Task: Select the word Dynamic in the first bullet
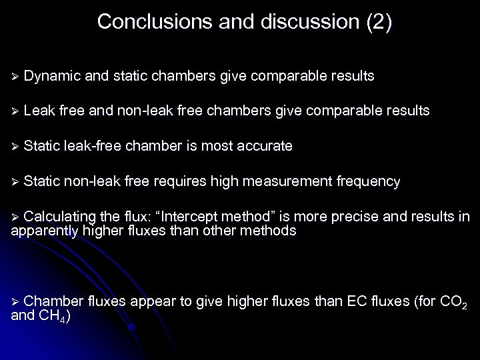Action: coord(51,77)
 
